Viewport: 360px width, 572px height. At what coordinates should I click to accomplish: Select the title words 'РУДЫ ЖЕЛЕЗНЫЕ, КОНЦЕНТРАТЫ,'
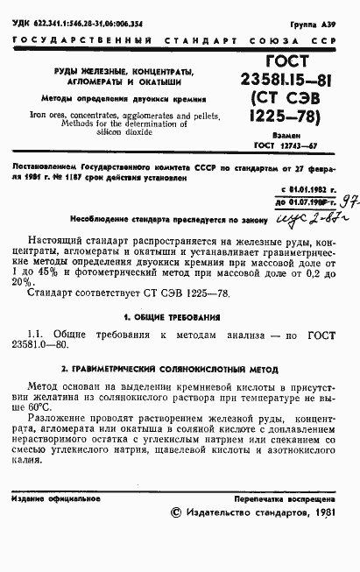(x=112, y=71)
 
